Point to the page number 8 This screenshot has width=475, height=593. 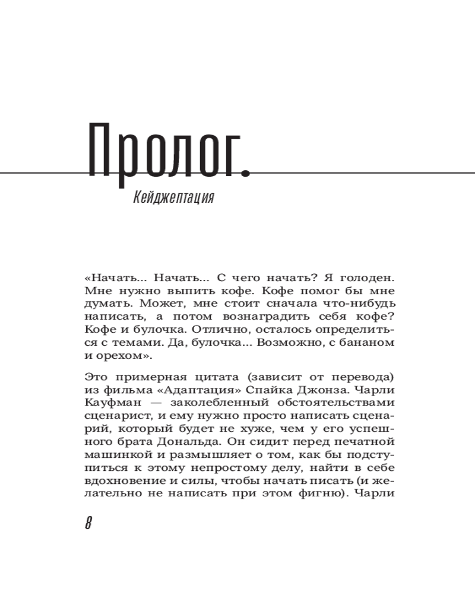coord(88,524)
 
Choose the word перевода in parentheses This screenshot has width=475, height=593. coord(359,377)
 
